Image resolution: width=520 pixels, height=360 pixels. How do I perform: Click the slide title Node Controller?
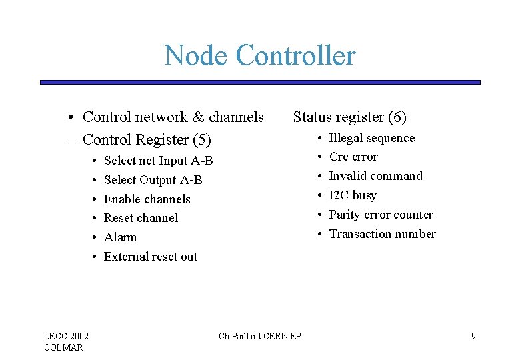(x=260, y=55)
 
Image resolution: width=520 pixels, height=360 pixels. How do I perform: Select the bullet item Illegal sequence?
(x=371, y=138)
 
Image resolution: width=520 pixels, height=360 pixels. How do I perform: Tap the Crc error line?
(x=353, y=157)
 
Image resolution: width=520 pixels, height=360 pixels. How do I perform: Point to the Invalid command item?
(x=375, y=176)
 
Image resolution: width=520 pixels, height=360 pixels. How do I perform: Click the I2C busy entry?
(x=353, y=195)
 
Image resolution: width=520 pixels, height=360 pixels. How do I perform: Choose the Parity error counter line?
(x=381, y=215)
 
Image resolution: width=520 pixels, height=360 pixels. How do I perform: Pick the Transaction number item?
(x=382, y=234)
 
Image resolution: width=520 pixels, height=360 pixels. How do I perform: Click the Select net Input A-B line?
(x=158, y=161)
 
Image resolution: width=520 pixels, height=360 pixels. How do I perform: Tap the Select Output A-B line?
(x=153, y=180)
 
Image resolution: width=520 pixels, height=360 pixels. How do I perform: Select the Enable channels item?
(x=147, y=199)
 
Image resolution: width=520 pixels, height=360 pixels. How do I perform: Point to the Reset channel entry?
(x=141, y=218)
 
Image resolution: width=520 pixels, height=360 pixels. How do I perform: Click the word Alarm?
(x=120, y=237)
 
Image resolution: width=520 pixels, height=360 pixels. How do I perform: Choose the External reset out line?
(x=151, y=257)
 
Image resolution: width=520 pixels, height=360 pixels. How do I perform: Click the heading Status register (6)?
(x=349, y=117)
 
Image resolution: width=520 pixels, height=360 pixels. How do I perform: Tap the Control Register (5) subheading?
(x=146, y=140)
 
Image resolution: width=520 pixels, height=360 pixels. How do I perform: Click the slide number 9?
(x=473, y=336)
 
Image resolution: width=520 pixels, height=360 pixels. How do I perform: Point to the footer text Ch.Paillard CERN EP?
(x=259, y=336)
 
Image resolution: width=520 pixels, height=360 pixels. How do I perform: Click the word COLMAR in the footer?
(x=63, y=347)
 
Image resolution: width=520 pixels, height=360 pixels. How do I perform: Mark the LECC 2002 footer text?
(x=66, y=335)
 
